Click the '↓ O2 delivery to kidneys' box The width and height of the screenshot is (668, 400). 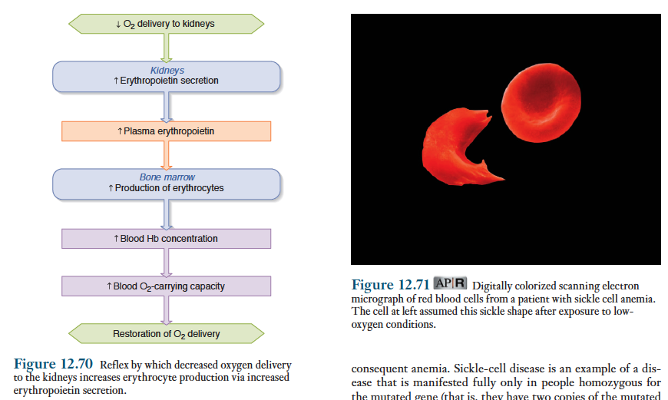[x=166, y=24]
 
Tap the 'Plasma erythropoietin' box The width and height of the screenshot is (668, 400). [x=166, y=131]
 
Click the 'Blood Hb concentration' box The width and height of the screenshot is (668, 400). [x=166, y=239]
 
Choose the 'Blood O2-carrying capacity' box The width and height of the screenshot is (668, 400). [x=166, y=286]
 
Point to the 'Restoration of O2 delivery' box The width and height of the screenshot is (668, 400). [x=166, y=334]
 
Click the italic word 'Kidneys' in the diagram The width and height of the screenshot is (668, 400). [x=167, y=71]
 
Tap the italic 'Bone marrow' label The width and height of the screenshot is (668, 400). [x=167, y=177]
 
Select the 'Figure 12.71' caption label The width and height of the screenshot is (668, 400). [x=390, y=286]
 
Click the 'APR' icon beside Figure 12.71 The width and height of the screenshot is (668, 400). [x=451, y=285]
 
